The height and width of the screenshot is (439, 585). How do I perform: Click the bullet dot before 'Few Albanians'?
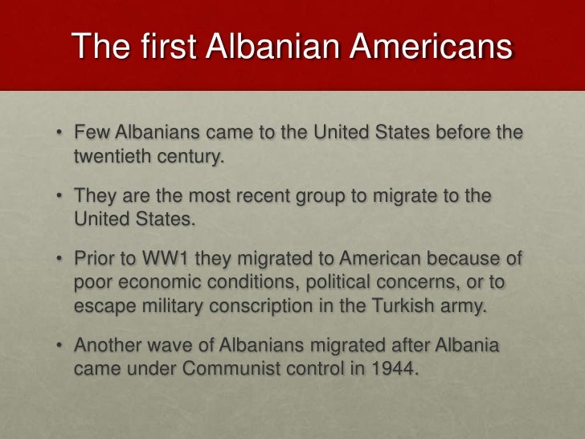60,132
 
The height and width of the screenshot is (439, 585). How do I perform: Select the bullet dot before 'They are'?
60,195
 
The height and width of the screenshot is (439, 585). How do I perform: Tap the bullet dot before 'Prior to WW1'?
60,259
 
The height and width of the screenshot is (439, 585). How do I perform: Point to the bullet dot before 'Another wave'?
60,345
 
